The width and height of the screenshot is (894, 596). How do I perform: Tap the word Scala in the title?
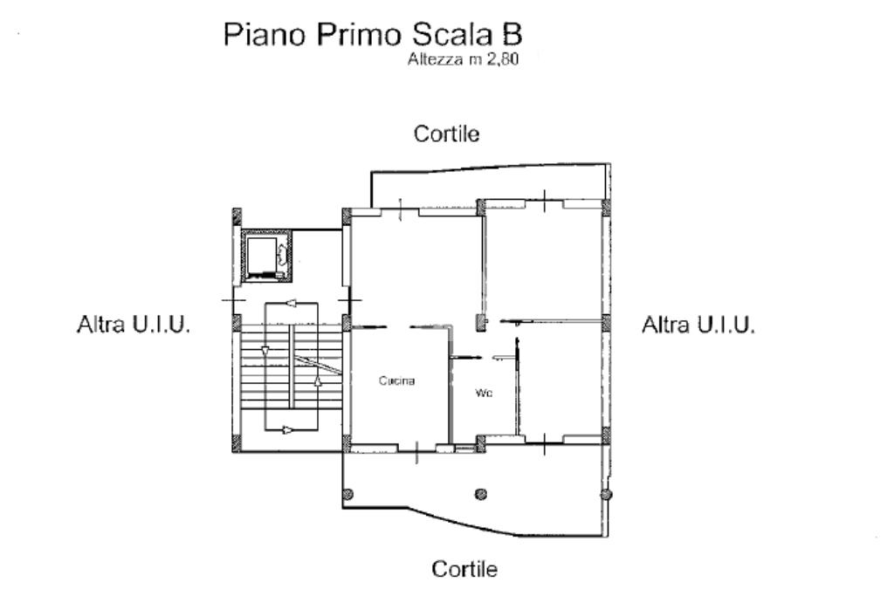coord(451,34)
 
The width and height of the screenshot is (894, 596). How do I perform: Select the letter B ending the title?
coord(511,34)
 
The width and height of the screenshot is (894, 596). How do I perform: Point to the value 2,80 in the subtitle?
coord(502,59)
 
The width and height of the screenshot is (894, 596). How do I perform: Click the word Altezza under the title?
coord(435,58)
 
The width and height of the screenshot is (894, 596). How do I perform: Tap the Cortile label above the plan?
coord(446,134)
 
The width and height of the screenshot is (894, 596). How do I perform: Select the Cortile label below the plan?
coord(464,569)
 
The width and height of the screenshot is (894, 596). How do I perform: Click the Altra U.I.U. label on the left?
coord(134,325)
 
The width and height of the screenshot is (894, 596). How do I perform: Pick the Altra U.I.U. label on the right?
coord(698,325)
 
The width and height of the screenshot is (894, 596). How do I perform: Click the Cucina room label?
coord(397,380)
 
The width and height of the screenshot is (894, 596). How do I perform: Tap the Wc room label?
coord(484,393)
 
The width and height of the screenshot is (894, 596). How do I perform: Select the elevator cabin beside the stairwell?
coord(266,257)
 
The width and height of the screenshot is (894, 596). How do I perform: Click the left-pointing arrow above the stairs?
coord(291,303)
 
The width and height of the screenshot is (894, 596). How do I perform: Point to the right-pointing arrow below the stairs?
coord(289,429)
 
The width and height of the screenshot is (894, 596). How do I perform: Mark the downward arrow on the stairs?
coord(265,351)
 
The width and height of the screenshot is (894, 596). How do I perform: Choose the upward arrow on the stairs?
coord(318,380)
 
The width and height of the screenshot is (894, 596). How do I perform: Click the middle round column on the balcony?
coord(481,494)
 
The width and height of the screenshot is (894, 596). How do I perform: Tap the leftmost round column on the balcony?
coord(347,494)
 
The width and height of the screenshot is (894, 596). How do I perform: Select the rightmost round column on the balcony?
coord(607,494)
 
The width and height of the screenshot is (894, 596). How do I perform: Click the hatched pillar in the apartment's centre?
coord(482,323)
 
